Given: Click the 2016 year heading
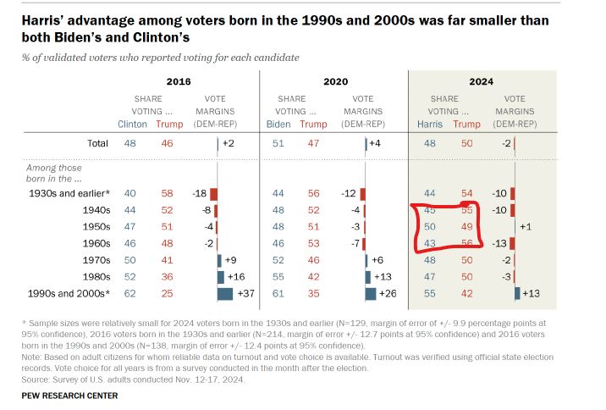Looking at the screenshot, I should tap(179, 82).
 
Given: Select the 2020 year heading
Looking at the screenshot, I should tap(336, 82).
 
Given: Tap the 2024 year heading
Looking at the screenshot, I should tap(482, 82).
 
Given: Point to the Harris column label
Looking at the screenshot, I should tap(430, 124).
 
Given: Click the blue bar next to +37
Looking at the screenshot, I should tap(224, 293).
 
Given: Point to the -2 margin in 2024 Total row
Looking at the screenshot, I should tap(504, 143).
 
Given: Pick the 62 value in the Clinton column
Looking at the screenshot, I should tap(129, 293).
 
